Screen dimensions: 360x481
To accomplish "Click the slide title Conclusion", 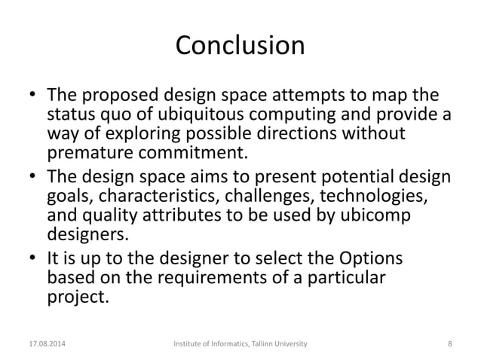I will pyautogui.click(x=240, y=46).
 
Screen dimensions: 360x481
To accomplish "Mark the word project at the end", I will pyautogui.click(x=75, y=297).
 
